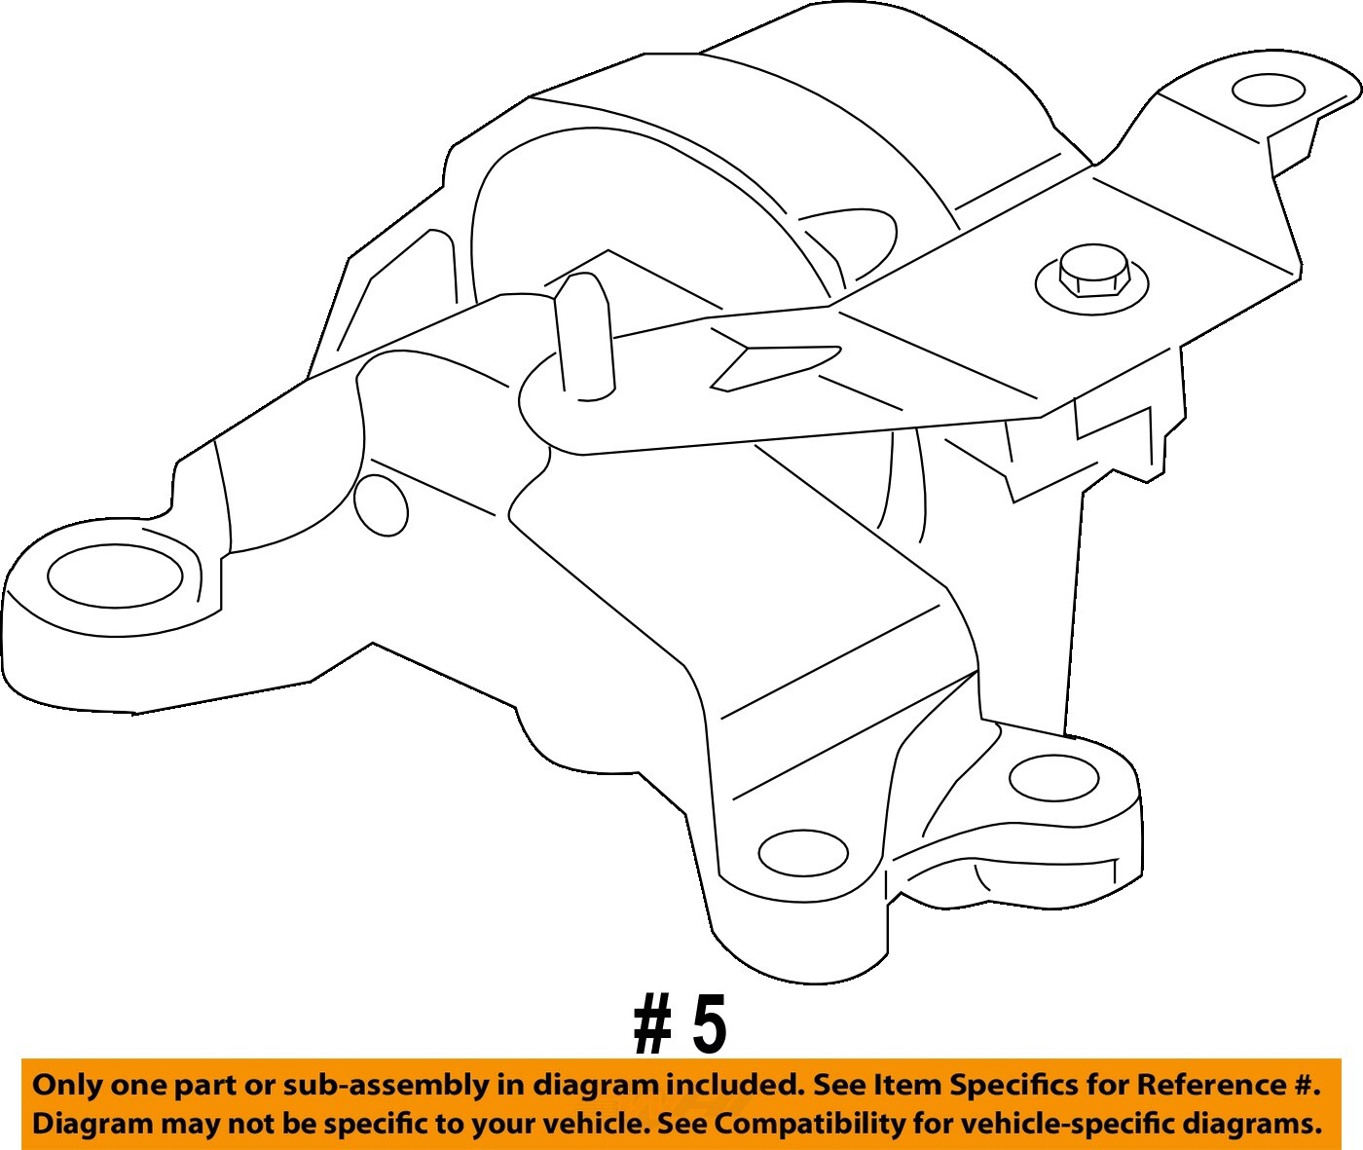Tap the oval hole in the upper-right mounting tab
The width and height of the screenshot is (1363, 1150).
coord(1268,90)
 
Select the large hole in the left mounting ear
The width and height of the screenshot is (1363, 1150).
coord(115,576)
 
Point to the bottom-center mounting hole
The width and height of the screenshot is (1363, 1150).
coord(803,853)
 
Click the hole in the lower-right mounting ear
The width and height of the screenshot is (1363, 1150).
coord(1054,778)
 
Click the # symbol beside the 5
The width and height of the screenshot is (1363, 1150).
coord(652,1026)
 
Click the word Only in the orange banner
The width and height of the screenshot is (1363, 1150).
coord(67,1085)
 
